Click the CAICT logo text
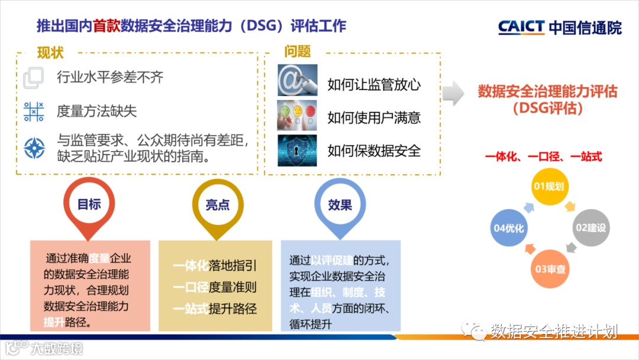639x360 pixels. pos(521,27)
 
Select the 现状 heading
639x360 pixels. pos(50,53)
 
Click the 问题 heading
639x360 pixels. pos(297,52)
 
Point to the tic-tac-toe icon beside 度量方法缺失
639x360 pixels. pos(34,111)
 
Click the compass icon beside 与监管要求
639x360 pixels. pos(34,148)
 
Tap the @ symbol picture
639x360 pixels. pos(298,80)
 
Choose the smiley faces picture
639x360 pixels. pos(298,115)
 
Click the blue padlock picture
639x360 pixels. pos(298,150)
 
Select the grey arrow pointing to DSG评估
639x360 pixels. pos(453,92)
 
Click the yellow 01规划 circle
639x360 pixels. pos(548,187)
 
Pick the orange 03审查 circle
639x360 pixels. pos(550,269)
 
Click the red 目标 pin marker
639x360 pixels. pos(89,205)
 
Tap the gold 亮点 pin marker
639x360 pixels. pos(217,205)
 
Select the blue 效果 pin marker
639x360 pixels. pos(340,205)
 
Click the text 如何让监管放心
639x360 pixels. pos(374,85)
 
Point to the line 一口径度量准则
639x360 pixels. pos(215,287)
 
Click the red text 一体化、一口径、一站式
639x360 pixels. pos(544,157)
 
